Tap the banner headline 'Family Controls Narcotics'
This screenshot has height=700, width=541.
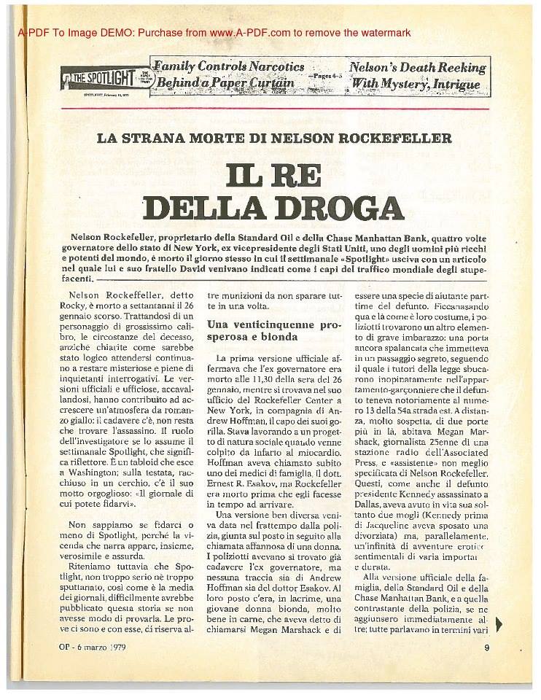[x=227, y=67]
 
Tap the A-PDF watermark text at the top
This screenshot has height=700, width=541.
[x=215, y=33]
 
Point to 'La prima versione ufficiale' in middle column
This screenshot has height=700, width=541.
[x=267, y=359]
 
